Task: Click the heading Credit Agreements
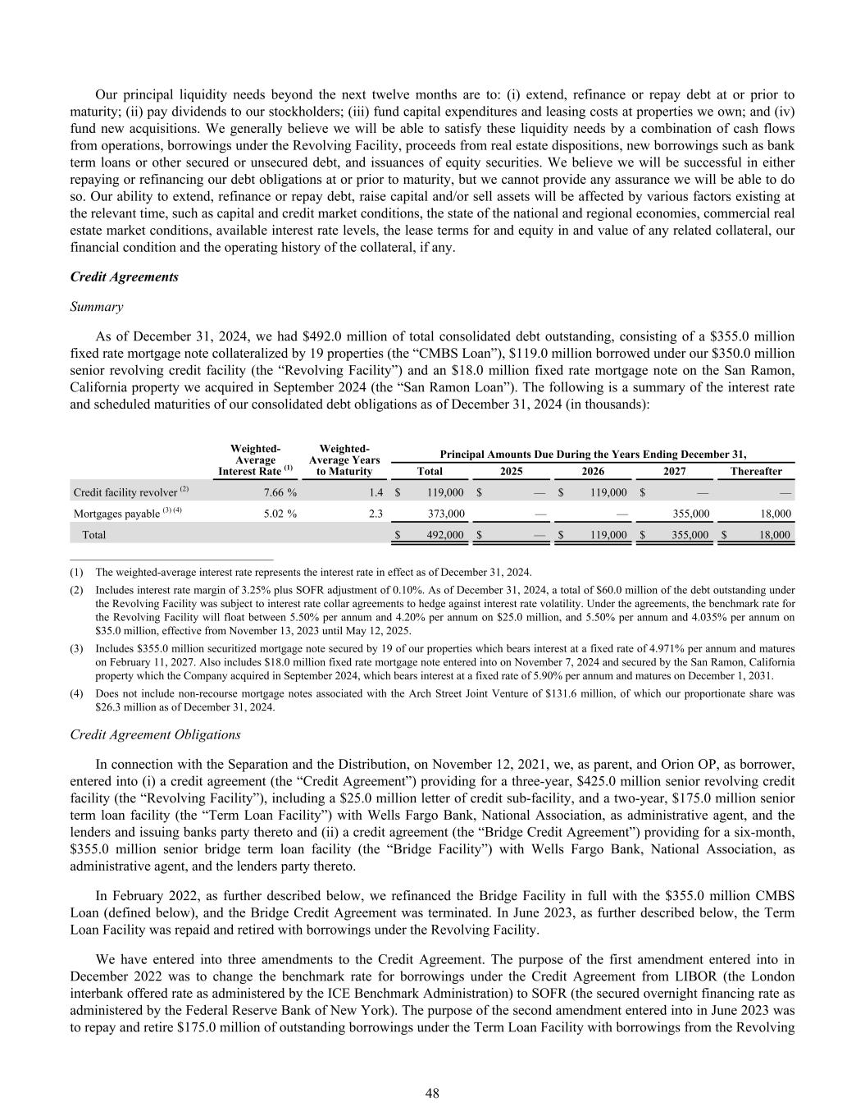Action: (x=125, y=277)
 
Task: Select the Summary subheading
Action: (x=97, y=307)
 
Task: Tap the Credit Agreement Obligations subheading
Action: (x=156, y=734)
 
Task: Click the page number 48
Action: (x=432, y=1093)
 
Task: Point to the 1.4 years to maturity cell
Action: (x=376, y=492)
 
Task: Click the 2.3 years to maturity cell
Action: (x=376, y=514)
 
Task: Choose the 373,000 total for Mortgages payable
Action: (x=446, y=514)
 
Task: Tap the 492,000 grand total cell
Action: (x=446, y=535)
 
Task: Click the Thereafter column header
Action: (x=756, y=472)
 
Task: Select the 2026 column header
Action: (x=593, y=472)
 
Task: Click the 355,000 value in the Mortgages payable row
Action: (x=690, y=514)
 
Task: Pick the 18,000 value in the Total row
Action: (x=772, y=535)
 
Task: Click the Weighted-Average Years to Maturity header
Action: (x=344, y=459)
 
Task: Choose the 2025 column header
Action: (x=512, y=472)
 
